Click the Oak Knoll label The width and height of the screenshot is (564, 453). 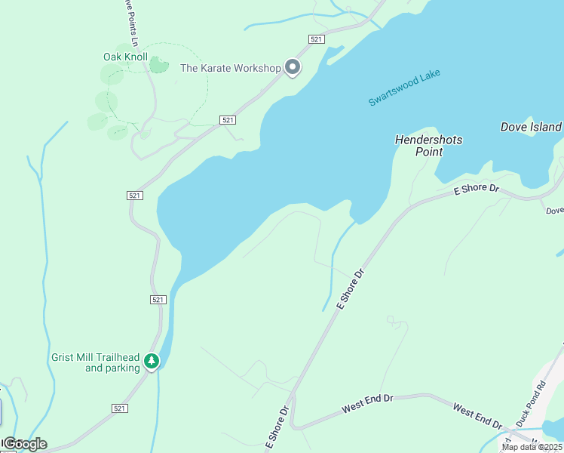click(125, 57)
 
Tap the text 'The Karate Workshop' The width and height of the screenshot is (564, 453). click(230, 68)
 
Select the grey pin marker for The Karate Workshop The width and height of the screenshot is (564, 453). click(293, 68)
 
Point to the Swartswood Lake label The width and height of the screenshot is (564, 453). click(404, 88)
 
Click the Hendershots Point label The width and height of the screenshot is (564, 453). click(428, 146)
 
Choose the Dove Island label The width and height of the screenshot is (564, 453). click(531, 127)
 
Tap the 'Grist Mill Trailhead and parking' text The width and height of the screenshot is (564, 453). click(96, 362)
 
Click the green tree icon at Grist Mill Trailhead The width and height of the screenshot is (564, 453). click(152, 362)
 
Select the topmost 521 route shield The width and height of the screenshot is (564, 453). click(317, 39)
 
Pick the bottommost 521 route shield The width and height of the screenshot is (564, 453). click(119, 408)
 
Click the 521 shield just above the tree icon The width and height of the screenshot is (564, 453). click(157, 300)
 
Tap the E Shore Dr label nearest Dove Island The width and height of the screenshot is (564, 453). click(477, 189)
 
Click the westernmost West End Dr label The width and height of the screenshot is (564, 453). click(368, 403)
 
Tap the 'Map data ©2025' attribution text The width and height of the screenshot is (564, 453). click(530, 447)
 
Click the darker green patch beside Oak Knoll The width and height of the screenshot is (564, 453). click(158, 65)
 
